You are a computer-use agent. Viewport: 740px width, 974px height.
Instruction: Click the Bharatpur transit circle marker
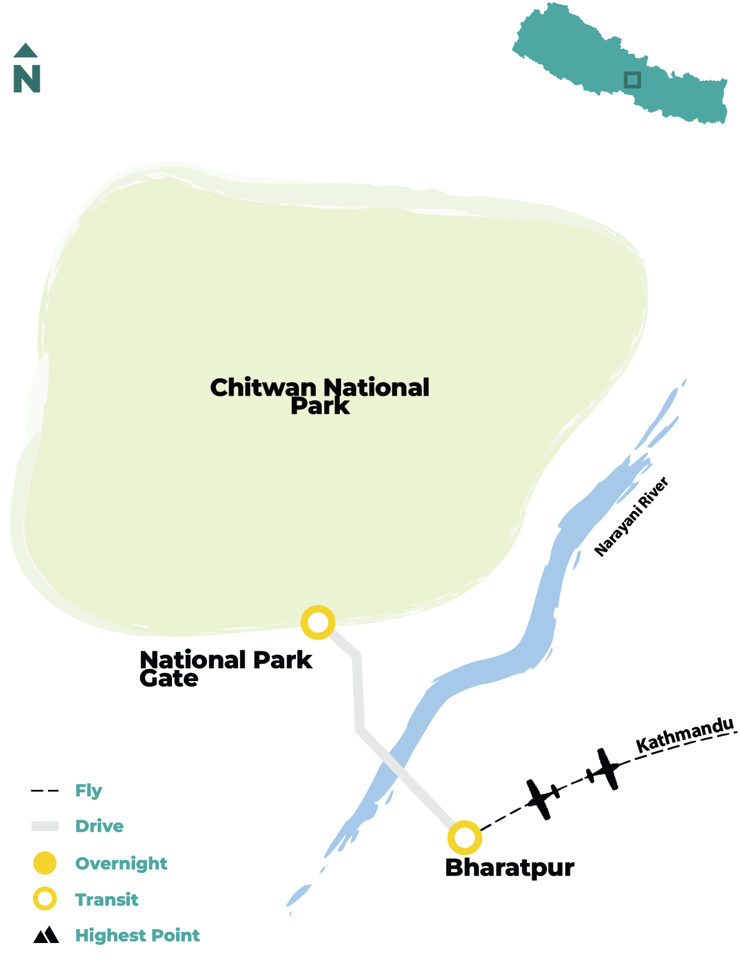tap(464, 837)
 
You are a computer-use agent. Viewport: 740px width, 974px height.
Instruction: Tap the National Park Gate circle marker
tap(318, 623)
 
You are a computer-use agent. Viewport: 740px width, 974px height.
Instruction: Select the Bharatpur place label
tap(509, 868)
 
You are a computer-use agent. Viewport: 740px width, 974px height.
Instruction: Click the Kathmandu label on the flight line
tap(684, 735)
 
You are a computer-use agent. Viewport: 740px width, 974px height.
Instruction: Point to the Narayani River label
tap(631, 517)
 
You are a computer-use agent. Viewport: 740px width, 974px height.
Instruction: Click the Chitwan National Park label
tap(320, 396)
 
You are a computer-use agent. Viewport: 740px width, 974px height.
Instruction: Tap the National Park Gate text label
tap(226, 669)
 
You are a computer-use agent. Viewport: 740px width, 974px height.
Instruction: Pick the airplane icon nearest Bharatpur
tap(541, 799)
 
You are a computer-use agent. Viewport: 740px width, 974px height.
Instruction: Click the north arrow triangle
tap(26, 51)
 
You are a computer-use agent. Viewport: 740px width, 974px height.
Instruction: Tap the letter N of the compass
tap(27, 79)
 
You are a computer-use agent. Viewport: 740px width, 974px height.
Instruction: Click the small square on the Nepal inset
tap(632, 80)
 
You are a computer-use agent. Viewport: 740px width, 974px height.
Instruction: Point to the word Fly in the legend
tap(88, 791)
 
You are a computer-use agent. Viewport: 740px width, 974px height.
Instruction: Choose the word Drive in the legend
tap(99, 826)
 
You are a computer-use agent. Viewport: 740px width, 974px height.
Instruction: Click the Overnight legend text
tap(121, 864)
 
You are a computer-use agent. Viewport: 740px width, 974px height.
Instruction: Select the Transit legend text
tap(106, 900)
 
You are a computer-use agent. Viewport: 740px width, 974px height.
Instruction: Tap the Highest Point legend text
tap(137, 935)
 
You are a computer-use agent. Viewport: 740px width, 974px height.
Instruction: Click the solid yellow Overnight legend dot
tap(44, 864)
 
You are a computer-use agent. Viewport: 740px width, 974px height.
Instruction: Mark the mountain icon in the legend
tap(46, 935)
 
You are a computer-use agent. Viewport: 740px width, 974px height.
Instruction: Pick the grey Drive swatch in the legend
tap(44, 827)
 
